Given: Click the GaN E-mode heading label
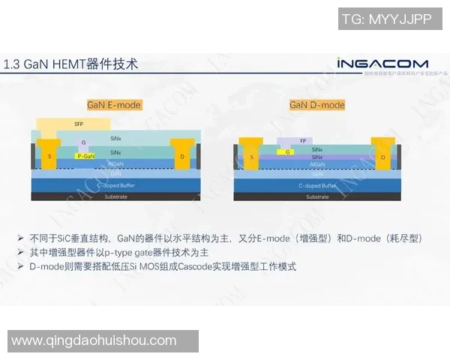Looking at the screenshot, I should pos(114,105).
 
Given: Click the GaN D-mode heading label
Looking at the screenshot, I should pos(317,105).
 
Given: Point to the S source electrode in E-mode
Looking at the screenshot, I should pos(50,156).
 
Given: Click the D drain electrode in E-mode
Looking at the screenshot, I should pos(182,157).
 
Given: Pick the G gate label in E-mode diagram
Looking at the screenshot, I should pos(84,142).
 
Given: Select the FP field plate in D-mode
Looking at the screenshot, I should pos(303,141).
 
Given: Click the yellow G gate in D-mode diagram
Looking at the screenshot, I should pos(288,151).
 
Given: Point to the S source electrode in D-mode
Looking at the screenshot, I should pos(252,157).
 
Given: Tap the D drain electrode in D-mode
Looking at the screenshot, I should pos(382,157).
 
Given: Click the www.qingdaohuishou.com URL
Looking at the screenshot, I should pos(94,341).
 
